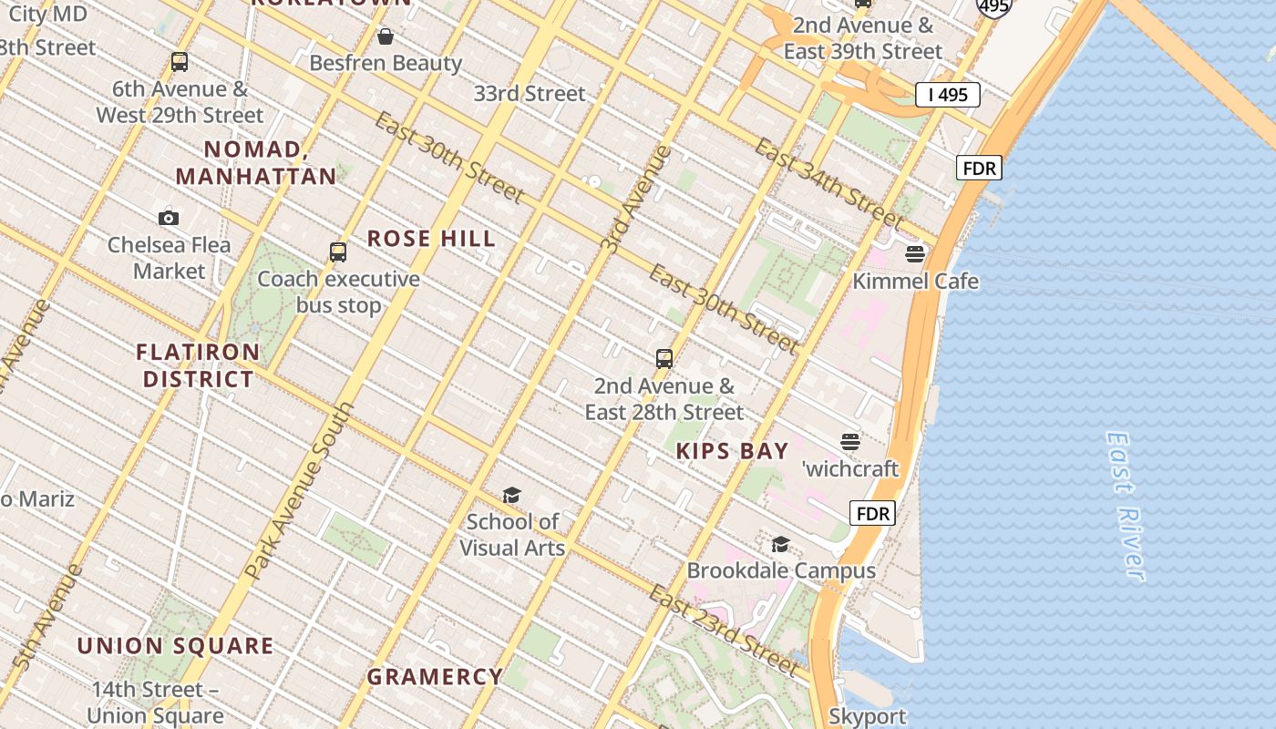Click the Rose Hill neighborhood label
pos(431,239)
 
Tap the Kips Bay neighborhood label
pos(732,451)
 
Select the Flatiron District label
pos(198,365)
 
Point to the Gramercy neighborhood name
pos(435,677)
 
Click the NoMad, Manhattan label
pos(255,163)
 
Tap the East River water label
pos(1125,506)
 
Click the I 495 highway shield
pos(948,95)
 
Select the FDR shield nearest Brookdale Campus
pos(872,513)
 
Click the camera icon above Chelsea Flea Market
pos(169,218)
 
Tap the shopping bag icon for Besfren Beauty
pos(386,36)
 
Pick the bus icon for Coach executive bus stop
pos(338,252)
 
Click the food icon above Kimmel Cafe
pos(915,254)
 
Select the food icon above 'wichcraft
pos(850,442)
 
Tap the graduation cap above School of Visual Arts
pos(511,495)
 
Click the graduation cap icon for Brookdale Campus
pos(781,544)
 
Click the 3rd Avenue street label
pos(636,200)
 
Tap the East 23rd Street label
pos(724,630)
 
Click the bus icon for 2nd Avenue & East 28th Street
pos(664,359)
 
